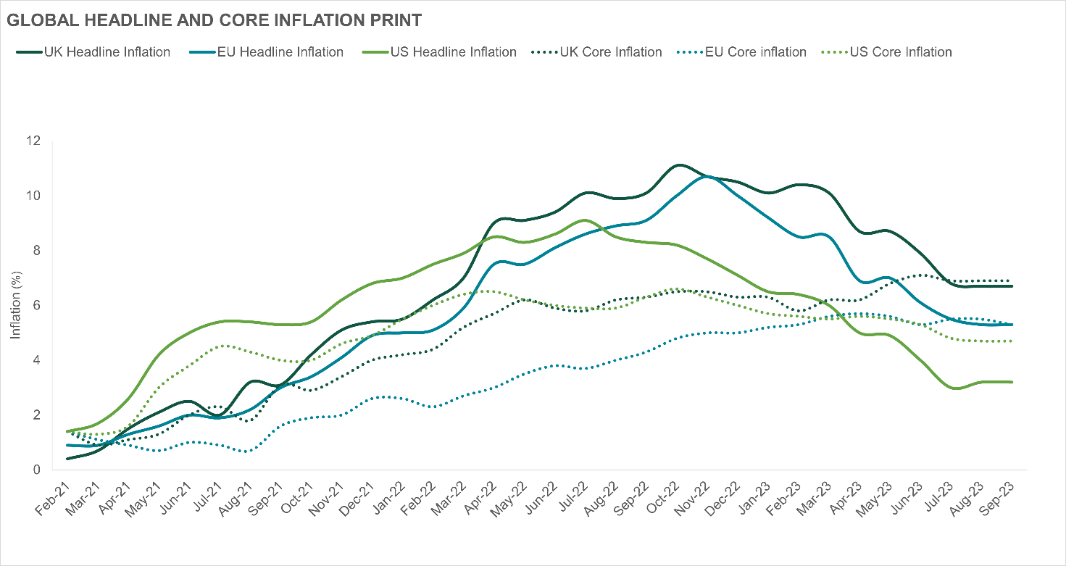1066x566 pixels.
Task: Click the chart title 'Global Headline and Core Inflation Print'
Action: pos(214,21)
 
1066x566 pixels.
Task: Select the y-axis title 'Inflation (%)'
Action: pos(15,305)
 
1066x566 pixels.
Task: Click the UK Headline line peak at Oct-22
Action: pos(678,165)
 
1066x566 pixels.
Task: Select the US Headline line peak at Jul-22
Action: pos(586,220)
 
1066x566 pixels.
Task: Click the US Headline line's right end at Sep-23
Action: pos(1012,382)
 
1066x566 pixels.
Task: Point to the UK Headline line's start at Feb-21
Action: pos(67,459)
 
